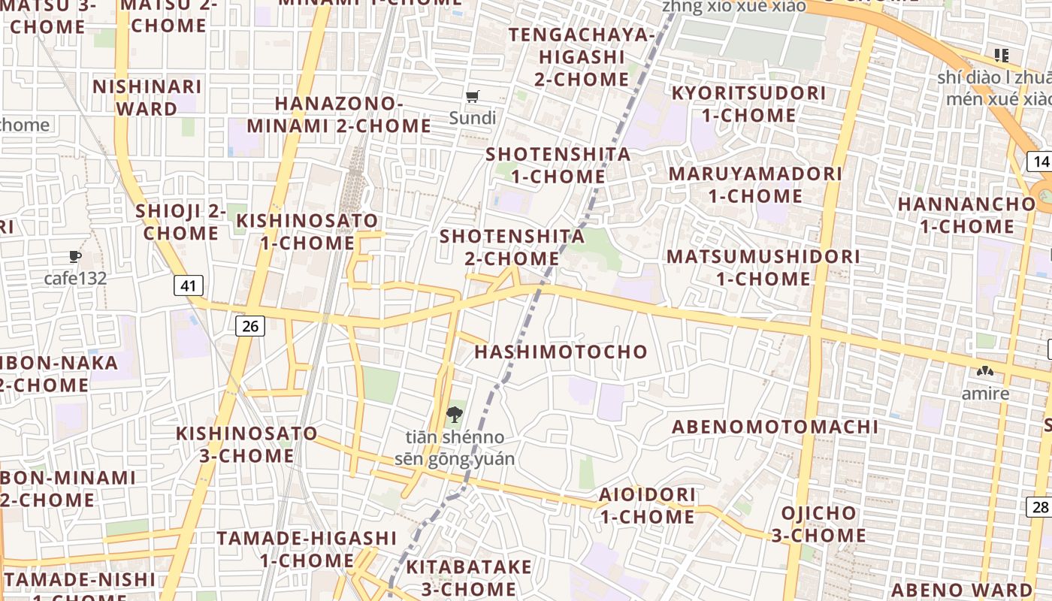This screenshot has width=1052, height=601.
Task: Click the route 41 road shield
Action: [189, 285]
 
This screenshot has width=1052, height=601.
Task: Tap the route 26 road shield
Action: [250, 325]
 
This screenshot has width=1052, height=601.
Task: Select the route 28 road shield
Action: [1040, 507]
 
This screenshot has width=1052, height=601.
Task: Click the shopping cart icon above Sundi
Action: [473, 96]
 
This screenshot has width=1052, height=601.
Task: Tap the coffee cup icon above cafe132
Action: [75, 257]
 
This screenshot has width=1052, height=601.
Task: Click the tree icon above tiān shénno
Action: [454, 414]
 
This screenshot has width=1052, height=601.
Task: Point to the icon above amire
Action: [984, 371]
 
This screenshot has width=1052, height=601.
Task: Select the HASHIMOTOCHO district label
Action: [561, 352]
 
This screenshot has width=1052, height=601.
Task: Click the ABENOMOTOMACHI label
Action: [775, 427]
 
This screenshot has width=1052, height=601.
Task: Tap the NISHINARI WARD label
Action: [147, 98]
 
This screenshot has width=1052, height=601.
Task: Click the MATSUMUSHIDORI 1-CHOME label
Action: [763, 267]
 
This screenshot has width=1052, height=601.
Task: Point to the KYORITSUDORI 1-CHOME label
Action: [748, 104]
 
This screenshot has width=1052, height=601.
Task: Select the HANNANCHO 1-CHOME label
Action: [966, 215]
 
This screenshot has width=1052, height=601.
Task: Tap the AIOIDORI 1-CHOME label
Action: [647, 506]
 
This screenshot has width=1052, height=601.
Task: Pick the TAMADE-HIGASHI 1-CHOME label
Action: [307, 549]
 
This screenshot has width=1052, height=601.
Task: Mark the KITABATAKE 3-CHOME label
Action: [469, 577]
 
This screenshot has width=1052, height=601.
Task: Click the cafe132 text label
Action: [75, 279]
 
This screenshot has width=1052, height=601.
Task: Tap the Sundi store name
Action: [473, 118]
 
